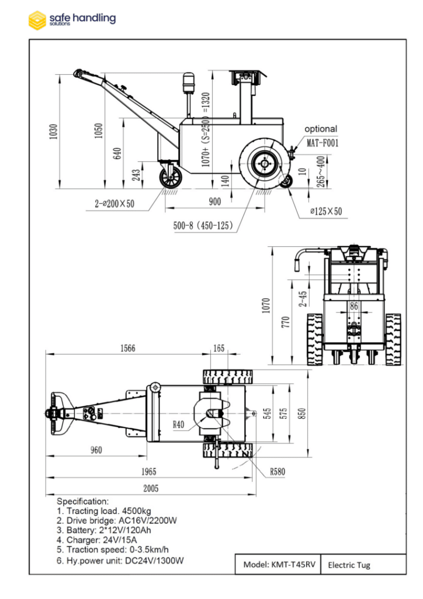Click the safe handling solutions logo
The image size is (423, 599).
(x=72, y=19)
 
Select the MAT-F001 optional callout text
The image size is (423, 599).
(x=323, y=142)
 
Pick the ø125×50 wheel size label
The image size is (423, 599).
(x=325, y=212)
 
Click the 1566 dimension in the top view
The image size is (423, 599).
(x=127, y=348)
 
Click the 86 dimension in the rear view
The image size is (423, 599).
(x=353, y=305)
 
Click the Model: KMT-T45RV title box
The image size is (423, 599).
(x=278, y=564)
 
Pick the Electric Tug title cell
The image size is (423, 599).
(x=349, y=565)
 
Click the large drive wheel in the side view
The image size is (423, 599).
(x=264, y=163)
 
